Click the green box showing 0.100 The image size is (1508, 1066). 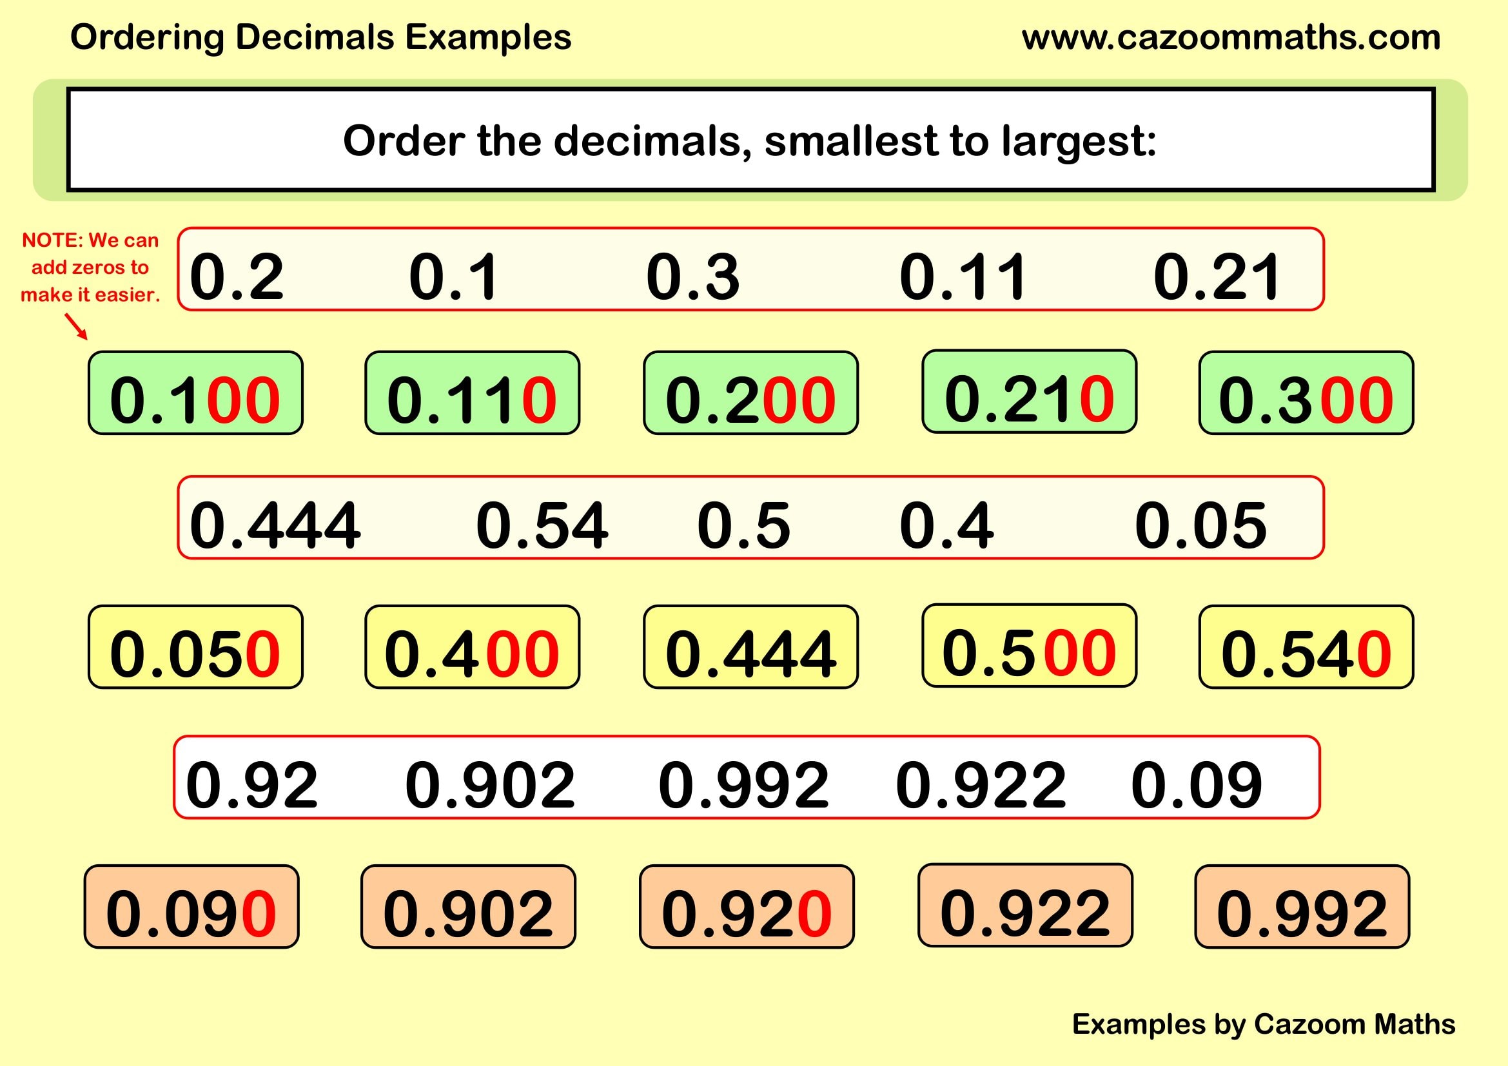[x=195, y=393]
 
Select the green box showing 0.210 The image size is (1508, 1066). [x=1029, y=392]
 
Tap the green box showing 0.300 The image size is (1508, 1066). [x=1306, y=393]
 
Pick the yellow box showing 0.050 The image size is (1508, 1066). [x=195, y=647]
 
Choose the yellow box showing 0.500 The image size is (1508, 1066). [x=1029, y=646]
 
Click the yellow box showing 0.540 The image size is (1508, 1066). [x=1306, y=647]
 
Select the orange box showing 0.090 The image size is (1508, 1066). [x=191, y=907]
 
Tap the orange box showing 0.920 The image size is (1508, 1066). [x=746, y=907]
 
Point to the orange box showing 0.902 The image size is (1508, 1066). [x=468, y=907]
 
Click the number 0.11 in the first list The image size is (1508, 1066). [x=962, y=277]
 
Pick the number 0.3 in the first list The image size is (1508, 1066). [x=693, y=277]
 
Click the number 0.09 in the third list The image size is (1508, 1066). [x=1196, y=784]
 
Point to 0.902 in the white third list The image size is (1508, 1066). [x=490, y=784]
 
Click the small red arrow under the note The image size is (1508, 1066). [x=76, y=326]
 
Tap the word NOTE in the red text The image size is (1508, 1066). [x=51, y=240]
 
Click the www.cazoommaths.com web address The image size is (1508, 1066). [x=1231, y=37]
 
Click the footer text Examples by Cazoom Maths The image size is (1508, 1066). [x=1263, y=1023]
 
